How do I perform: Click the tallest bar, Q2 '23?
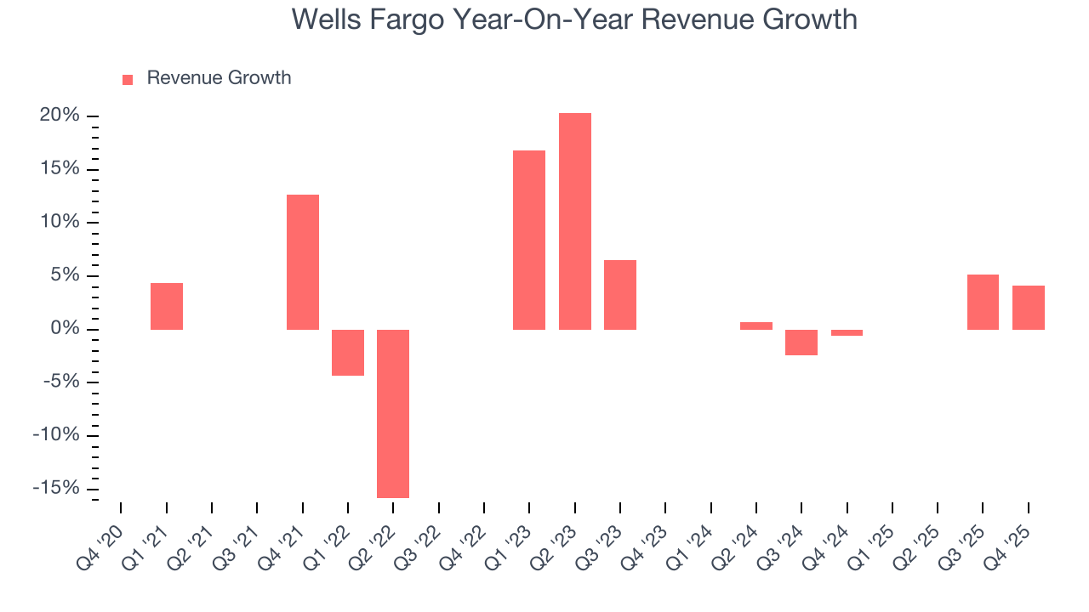click(574, 221)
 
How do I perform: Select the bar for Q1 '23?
click(529, 240)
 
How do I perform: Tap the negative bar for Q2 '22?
click(393, 413)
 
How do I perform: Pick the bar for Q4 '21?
click(303, 262)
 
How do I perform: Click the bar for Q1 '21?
click(167, 306)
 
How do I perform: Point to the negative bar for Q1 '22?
click(348, 352)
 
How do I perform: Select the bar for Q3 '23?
click(620, 294)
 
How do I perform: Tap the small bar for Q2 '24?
click(756, 326)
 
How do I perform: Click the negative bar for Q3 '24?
click(801, 342)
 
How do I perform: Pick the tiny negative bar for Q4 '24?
click(847, 332)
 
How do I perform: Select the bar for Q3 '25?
click(983, 302)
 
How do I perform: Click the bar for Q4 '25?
click(1028, 307)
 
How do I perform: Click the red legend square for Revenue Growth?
click(128, 79)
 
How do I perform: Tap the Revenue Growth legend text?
click(219, 78)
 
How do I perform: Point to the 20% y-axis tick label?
click(59, 116)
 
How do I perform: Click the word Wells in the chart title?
click(327, 19)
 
